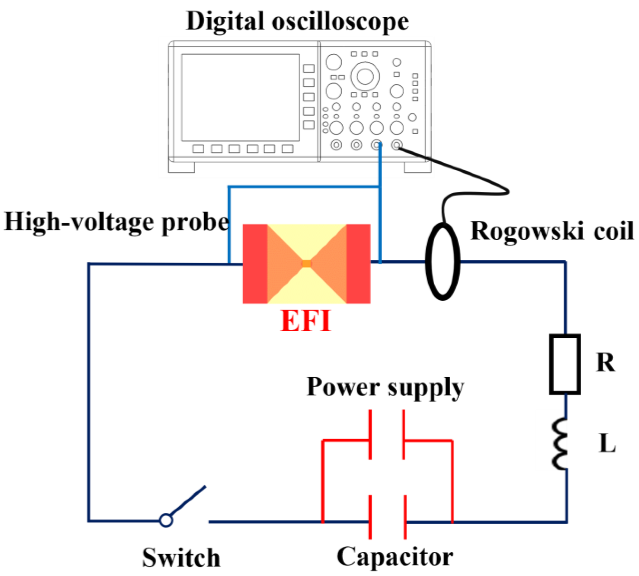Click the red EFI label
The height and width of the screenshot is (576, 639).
pyautogui.click(x=306, y=320)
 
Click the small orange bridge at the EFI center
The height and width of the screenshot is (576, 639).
pyautogui.click(x=307, y=263)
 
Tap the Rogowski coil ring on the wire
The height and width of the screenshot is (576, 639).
pyautogui.click(x=443, y=261)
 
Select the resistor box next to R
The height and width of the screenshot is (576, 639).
pyautogui.click(x=565, y=364)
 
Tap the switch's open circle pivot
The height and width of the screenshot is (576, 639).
pyautogui.click(x=166, y=520)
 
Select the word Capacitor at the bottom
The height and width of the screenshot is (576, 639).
pyautogui.click(x=395, y=557)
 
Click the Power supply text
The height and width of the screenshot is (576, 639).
pyautogui.click(x=385, y=387)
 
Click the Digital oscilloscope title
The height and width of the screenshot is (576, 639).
pyautogui.click(x=297, y=21)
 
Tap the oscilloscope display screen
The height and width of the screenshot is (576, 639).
pyautogui.click(x=240, y=98)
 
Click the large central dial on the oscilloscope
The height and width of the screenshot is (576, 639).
pyautogui.click(x=365, y=76)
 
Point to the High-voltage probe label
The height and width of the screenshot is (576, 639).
pyautogui.click(x=116, y=222)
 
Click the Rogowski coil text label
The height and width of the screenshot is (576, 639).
pyautogui.click(x=552, y=231)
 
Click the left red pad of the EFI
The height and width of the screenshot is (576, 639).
pyautogui.click(x=255, y=264)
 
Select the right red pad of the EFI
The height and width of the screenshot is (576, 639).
pyautogui.click(x=358, y=264)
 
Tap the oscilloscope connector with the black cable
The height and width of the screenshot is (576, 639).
pyautogui.click(x=396, y=145)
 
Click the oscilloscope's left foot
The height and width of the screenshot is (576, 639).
pyautogui.click(x=181, y=167)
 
